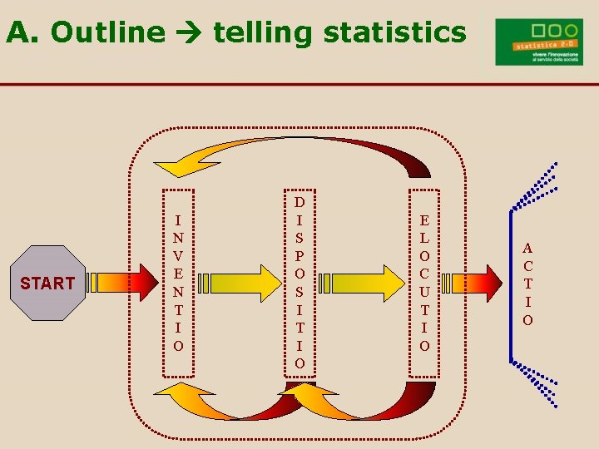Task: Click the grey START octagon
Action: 47,283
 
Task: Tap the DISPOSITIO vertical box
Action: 299,282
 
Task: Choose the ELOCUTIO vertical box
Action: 424,282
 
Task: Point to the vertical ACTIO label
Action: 528,284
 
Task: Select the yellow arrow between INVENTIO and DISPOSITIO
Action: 240,283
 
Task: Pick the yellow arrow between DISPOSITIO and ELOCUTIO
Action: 363,283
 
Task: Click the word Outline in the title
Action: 107,32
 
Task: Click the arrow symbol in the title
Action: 189,33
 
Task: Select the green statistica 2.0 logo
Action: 538,42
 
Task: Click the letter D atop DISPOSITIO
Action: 299,201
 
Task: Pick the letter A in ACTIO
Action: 528,247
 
